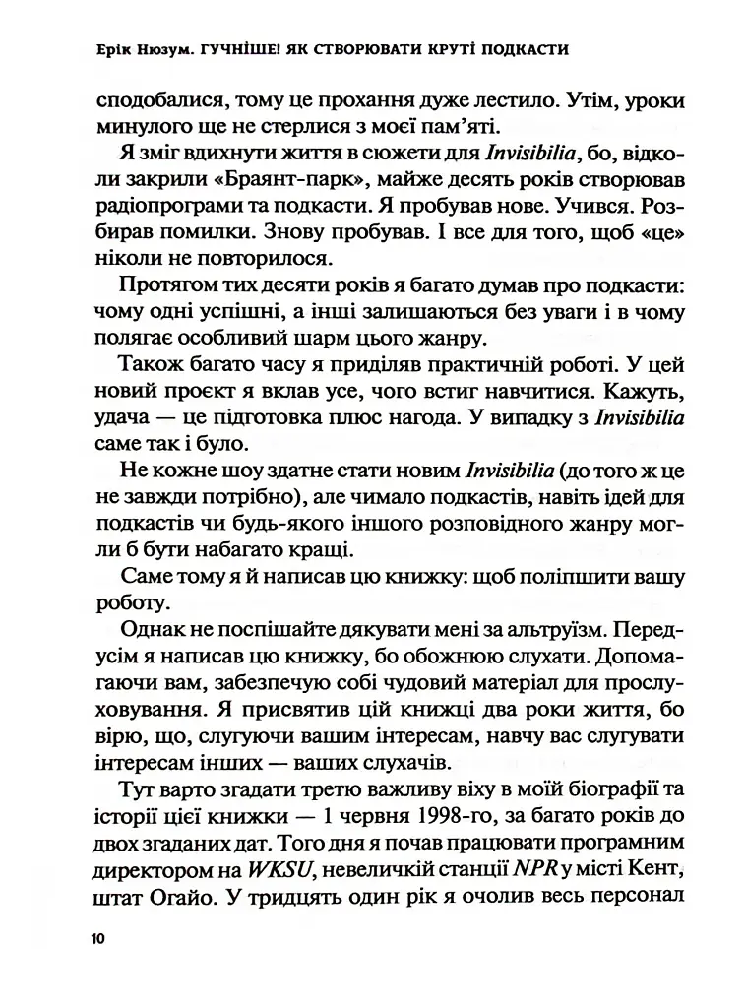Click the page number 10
(95, 939)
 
